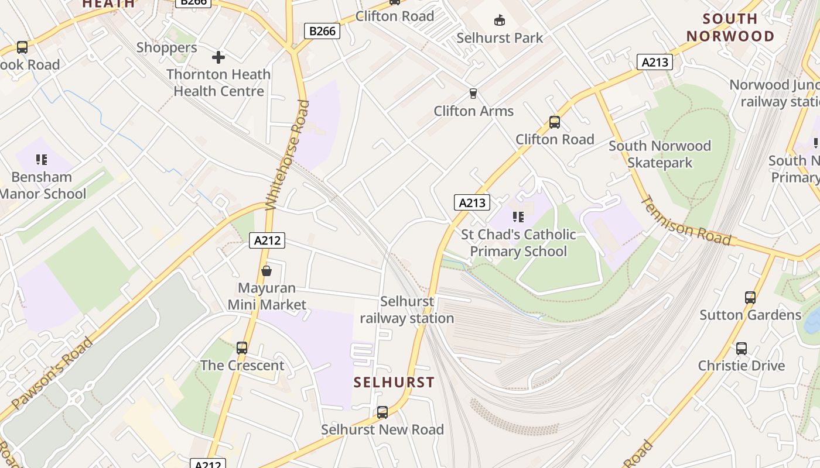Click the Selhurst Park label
tap(500, 38)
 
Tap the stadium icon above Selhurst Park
tap(500, 21)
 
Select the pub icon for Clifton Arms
tap(473, 94)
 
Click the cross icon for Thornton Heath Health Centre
tap(218, 57)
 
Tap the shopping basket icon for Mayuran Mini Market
tap(266, 271)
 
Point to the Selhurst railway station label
tap(407, 310)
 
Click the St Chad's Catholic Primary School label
tap(518, 243)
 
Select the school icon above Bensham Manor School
tap(41, 160)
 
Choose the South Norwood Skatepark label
tap(660, 154)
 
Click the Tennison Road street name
tap(686, 221)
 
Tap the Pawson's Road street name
tap(52, 373)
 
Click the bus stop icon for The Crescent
tap(242, 348)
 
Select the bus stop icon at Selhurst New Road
tap(382, 412)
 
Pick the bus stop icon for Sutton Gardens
tap(750, 298)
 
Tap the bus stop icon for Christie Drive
tap(742, 349)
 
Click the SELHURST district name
tap(394, 383)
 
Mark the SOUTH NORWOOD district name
tap(730, 27)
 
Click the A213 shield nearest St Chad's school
tap(472, 203)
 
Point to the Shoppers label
tap(167, 48)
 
